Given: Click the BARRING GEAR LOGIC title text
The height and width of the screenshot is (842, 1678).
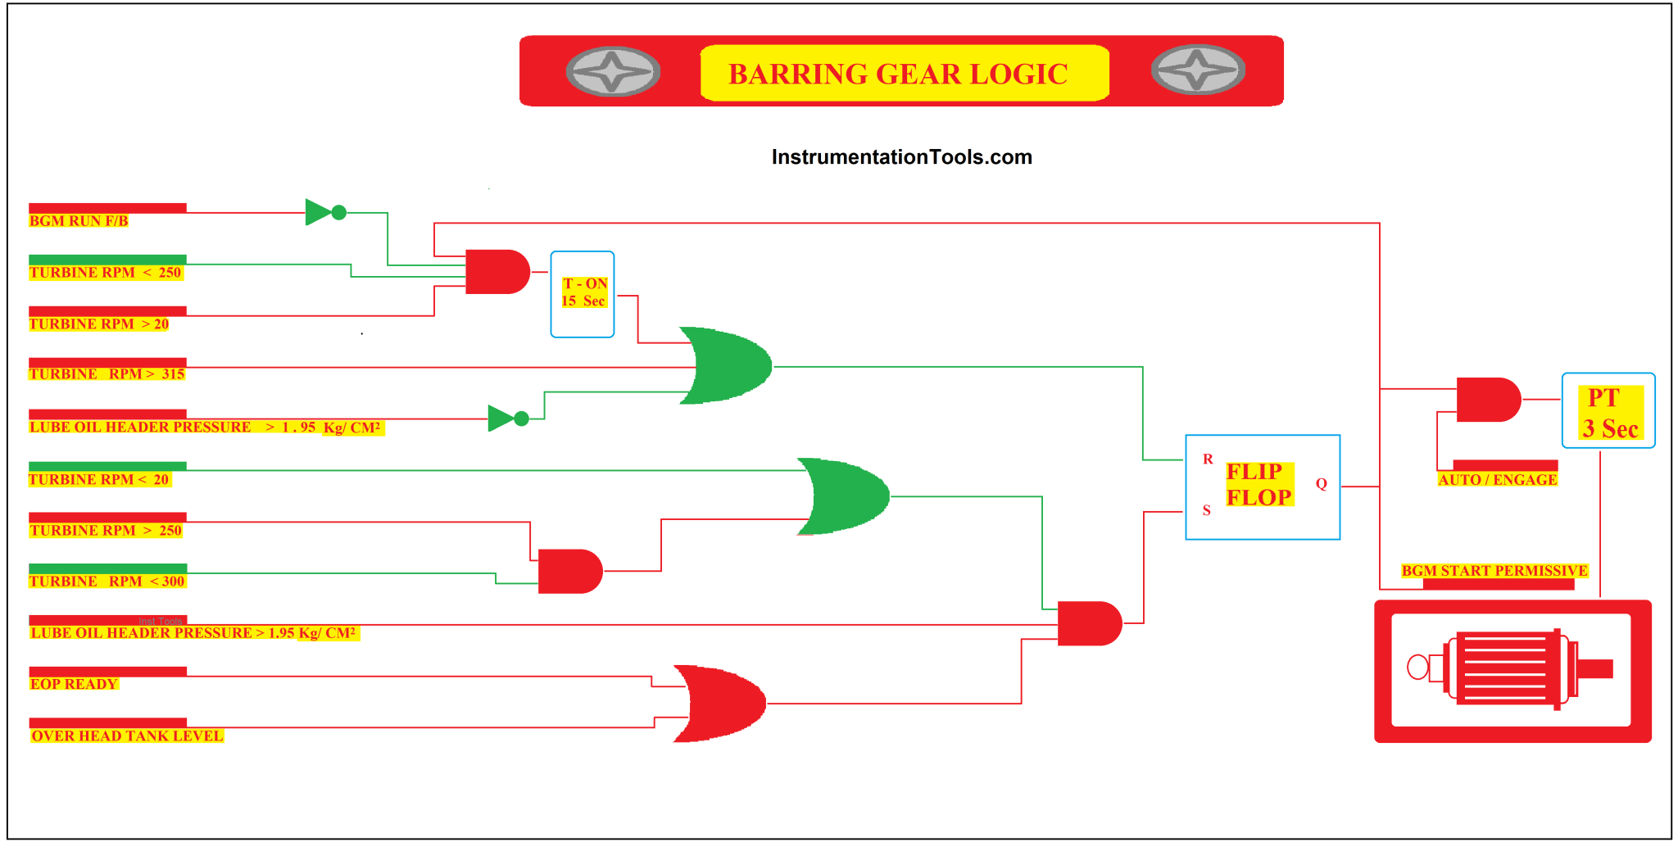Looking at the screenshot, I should click(898, 74).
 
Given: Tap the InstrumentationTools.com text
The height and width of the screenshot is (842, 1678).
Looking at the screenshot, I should click(901, 157).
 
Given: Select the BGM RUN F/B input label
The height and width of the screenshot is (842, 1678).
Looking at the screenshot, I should click(79, 221).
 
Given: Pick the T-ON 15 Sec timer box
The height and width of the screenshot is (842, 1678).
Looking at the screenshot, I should click(583, 294).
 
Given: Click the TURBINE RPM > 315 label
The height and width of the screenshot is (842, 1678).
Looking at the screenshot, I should click(107, 374).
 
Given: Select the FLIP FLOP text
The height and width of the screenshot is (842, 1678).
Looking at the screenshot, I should click(1259, 484).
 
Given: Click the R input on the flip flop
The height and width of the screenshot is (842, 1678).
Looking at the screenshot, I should click(1208, 459).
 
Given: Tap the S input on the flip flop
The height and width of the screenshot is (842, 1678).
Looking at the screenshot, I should click(1206, 510).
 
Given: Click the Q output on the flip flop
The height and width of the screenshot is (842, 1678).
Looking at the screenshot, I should click(1321, 484).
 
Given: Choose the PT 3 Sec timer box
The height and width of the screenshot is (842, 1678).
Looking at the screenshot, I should click(1608, 411).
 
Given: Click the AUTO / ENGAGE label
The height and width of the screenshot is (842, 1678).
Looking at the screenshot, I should click(1497, 480).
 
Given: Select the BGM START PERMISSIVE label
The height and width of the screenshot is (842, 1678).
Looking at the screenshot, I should click(1494, 571).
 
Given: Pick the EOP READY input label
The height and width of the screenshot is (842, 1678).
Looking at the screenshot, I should click(74, 684).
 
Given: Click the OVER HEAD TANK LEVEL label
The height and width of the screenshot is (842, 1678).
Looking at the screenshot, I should click(127, 736).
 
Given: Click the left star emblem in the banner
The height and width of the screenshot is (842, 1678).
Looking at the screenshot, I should click(613, 71).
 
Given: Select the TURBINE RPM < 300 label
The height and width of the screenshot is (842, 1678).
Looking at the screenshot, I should click(107, 582).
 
